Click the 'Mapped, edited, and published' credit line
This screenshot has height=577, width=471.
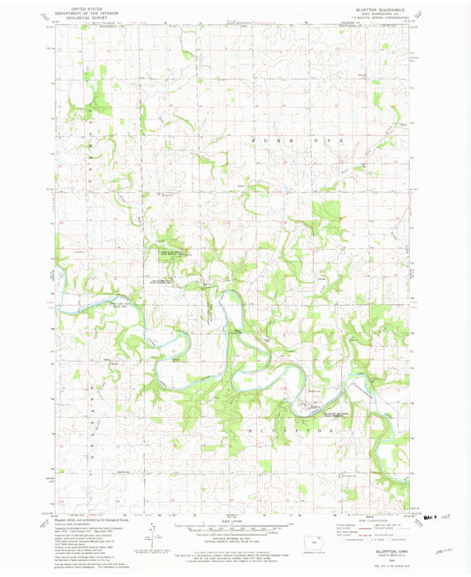click(80, 522)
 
